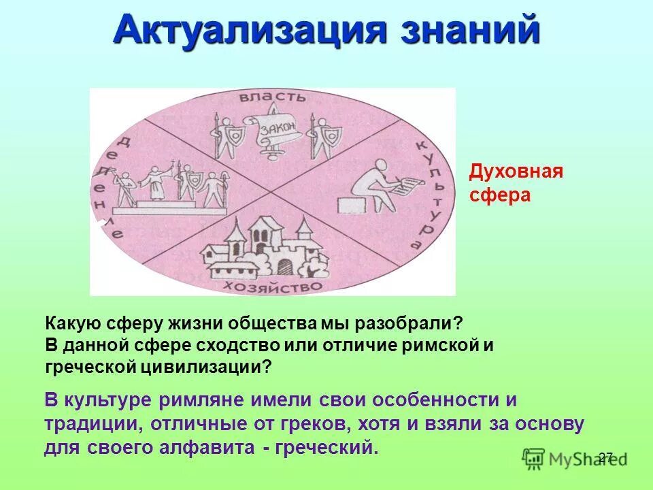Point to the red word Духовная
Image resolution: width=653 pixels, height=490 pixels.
516,171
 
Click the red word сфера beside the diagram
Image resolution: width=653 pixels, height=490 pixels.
499,195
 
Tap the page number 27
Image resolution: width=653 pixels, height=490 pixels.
606,457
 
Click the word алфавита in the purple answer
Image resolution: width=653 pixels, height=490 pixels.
223,448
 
